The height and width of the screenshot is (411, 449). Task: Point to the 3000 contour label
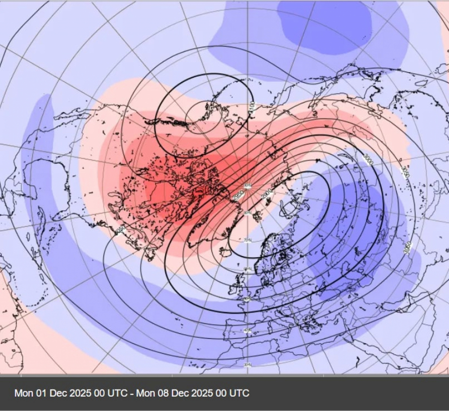click(368, 160)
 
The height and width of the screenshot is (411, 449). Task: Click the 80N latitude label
click(247, 213)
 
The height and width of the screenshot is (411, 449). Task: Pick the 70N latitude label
click(247, 240)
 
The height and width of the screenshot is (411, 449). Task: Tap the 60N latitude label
click(247, 270)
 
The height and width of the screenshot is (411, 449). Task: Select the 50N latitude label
click(247, 299)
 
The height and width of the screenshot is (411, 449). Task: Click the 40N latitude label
click(247, 331)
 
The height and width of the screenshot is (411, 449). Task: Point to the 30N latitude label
click(247, 365)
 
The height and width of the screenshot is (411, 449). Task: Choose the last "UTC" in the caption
click(238, 393)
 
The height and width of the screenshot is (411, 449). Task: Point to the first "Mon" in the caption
click(23, 393)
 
